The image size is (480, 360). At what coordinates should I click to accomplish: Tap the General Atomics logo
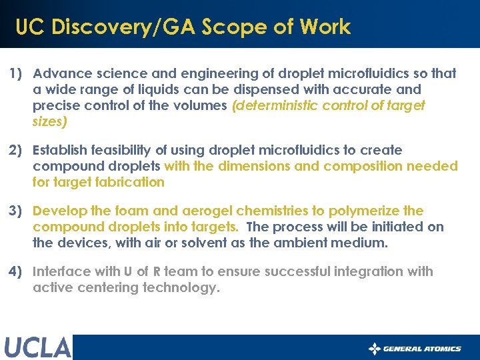tap(415, 348)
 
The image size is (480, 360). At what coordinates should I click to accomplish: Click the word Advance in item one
tap(59, 73)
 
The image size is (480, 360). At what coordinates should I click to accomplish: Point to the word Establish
tap(60, 150)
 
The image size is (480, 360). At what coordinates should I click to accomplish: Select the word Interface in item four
tap(61, 271)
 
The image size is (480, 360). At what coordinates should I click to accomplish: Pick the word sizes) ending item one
tap(49, 121)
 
